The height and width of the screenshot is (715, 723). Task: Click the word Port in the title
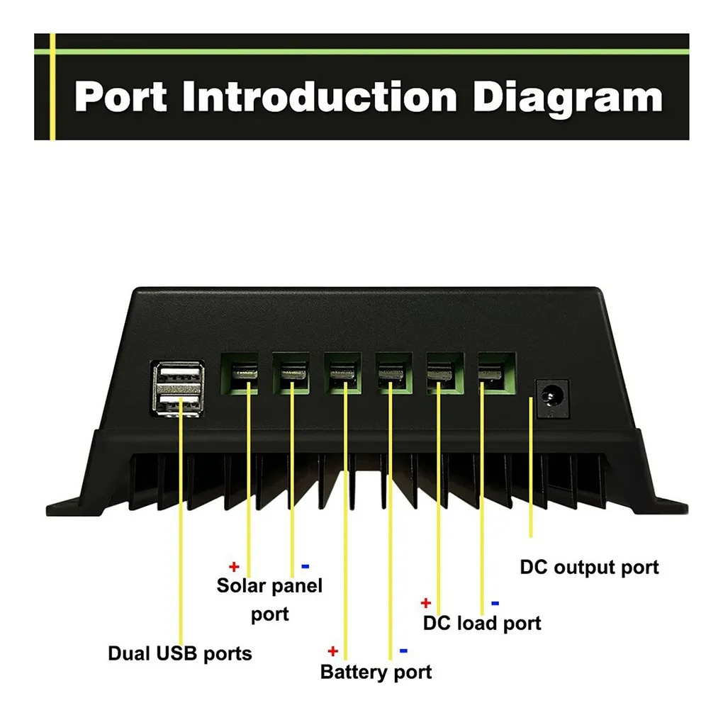point(120,97)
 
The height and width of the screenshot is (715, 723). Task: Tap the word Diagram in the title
point(568,97)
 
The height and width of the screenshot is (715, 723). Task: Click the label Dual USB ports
point(179,653)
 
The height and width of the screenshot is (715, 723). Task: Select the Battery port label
point(376,671)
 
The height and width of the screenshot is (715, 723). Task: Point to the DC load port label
point(481,624)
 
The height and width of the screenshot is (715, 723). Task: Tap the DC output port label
point(589,568)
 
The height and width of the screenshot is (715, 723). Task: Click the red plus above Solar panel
point(234,567)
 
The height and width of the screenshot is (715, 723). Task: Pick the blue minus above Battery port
point(403,651)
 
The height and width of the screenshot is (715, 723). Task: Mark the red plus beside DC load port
point(425,603)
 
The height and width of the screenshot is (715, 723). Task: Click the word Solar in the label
point(242,586)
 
